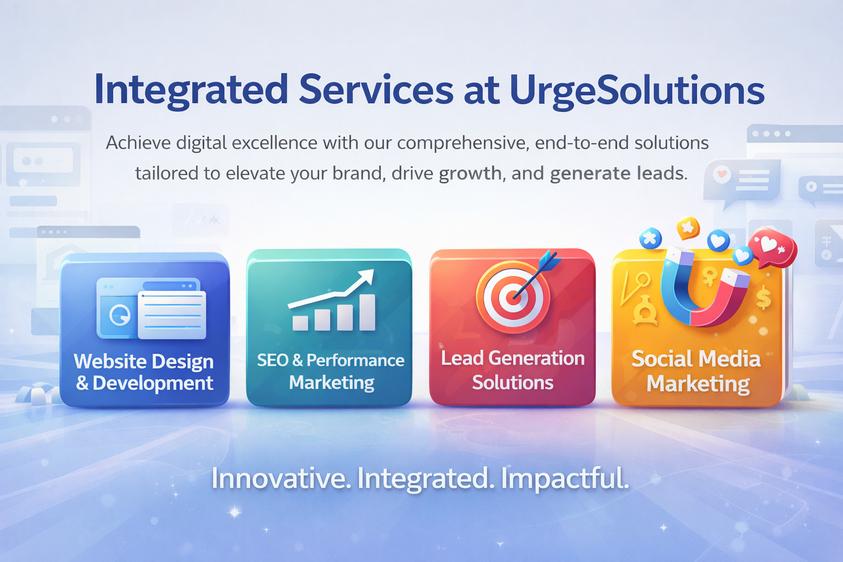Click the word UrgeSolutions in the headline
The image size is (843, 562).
click(637, 91)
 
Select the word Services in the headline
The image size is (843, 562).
click(376, 89)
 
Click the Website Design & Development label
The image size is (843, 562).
click(144, 372)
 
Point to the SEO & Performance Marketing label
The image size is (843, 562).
click(331, 371)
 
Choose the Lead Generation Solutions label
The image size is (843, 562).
click(513, 370)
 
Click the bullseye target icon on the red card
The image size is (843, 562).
click(512, 298)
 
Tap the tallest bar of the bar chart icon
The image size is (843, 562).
click(367, 312)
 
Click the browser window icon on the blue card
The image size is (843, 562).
click(151, 308)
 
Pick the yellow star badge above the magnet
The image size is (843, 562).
click(688, 227)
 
